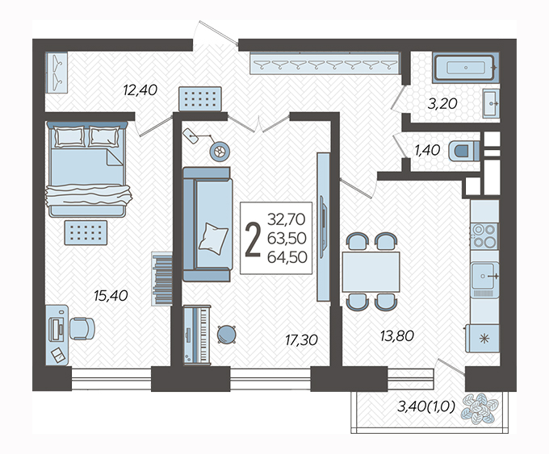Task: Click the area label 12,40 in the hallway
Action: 140,90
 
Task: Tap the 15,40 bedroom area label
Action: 111,296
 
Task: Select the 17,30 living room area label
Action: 301,340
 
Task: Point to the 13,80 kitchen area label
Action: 397,336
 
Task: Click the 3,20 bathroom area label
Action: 442,103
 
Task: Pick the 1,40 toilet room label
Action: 427,151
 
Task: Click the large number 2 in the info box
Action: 253,240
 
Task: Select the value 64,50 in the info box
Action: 287,257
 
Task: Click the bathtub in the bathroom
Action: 465,68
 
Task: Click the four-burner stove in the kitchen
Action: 484,235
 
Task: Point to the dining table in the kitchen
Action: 371,272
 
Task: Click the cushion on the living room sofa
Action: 213,238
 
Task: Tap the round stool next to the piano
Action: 227,335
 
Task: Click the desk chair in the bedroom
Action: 82,328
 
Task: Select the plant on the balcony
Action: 479,408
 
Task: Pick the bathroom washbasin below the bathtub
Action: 491,103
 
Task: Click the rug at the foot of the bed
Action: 86,232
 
